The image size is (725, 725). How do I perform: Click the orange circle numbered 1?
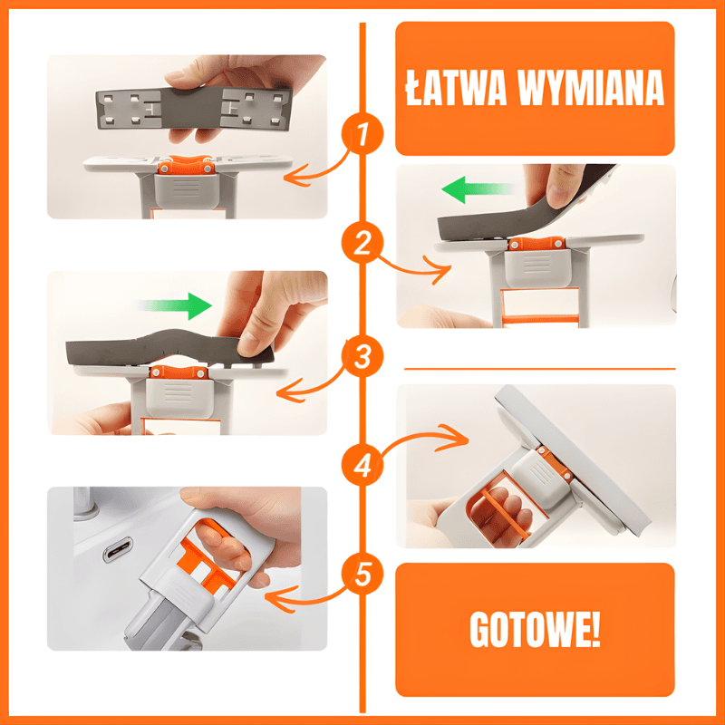tap(362, 133)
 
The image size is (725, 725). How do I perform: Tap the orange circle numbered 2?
tap(362, 243)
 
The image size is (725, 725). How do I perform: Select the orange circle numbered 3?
tap(362, 356)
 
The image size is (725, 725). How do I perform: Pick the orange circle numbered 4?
tap(362, 465)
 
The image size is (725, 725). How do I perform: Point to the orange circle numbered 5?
tap(362, 575)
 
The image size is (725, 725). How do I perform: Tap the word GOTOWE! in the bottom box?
tap(535, 630)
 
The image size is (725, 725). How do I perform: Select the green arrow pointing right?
tap(176, 306)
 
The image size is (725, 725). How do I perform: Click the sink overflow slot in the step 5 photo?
tap(118, 549)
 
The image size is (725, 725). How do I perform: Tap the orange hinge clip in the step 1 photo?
tap(186, 165)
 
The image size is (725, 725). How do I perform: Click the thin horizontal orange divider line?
tap(539, 369)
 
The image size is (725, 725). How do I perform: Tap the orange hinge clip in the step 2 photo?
tap(536, 244)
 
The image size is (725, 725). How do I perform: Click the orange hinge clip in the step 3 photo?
tap(179, 372)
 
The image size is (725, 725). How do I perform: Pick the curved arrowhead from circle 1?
tap(297, 175)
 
